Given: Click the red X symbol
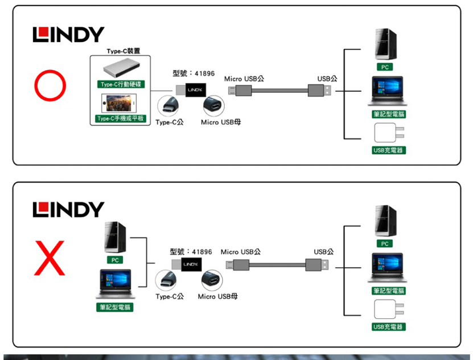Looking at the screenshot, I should point(50,257).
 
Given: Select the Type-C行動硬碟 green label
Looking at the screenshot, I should point(121,84).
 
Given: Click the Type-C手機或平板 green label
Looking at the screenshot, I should point(121,118).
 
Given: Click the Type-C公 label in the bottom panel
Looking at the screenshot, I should point(170,297).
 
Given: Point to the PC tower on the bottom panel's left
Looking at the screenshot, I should point(114,238).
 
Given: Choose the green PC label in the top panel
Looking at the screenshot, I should point(385,67).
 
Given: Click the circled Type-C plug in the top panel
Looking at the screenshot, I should point(169,107).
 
